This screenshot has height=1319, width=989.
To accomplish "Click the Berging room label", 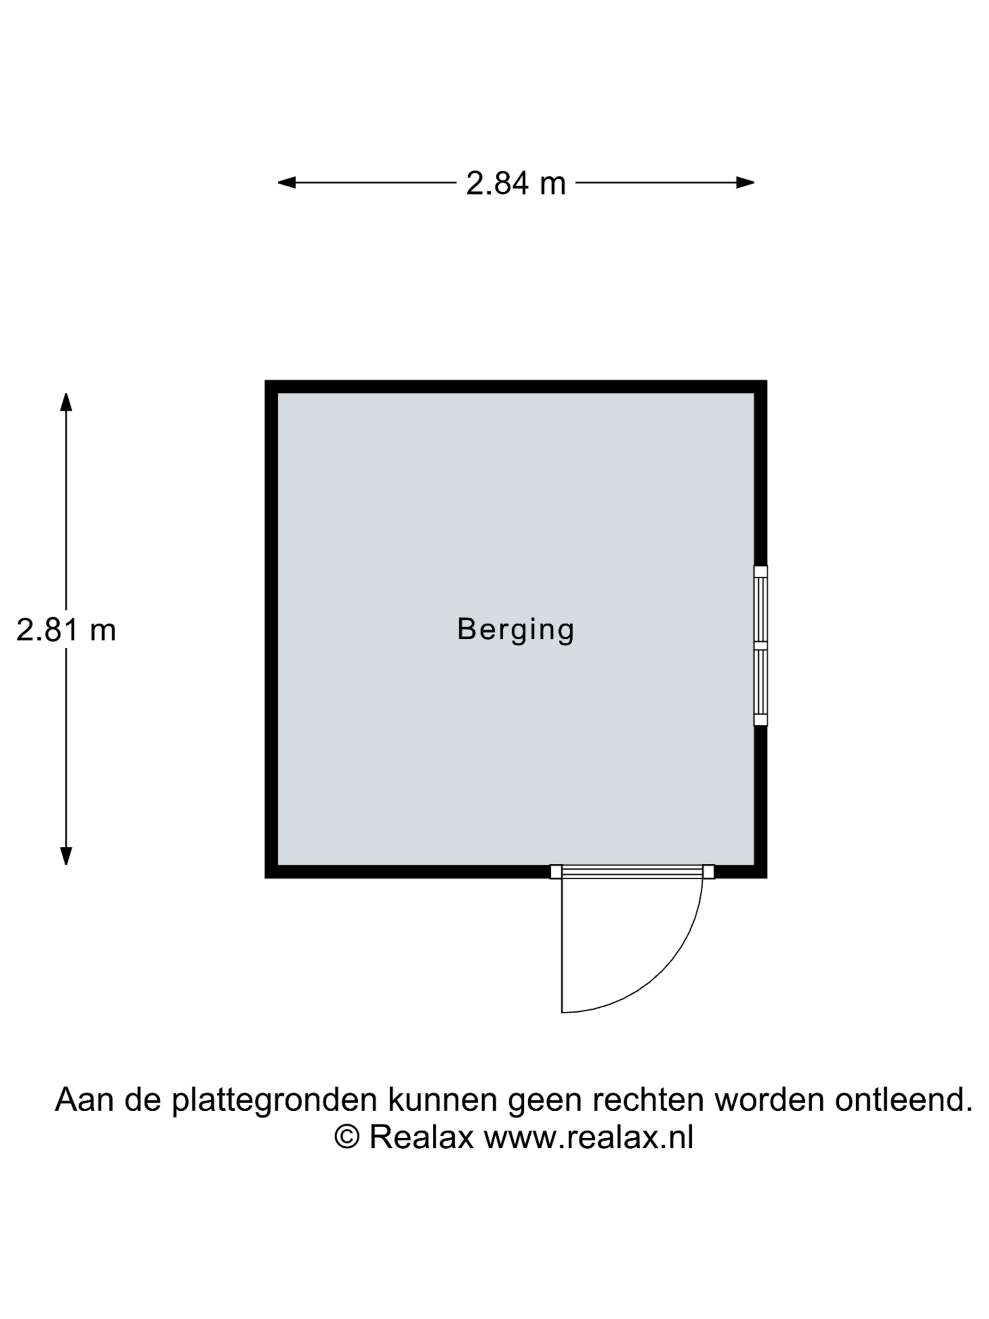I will (x=515, y=630).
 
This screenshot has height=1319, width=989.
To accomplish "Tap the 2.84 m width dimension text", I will (x=515, y=183).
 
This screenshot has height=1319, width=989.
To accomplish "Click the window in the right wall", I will (x=760, y=645).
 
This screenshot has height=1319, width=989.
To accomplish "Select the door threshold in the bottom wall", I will (x=632, y=872).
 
